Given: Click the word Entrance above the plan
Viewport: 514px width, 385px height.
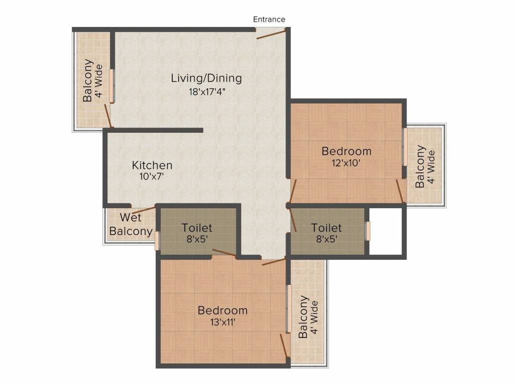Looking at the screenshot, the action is [269, 20].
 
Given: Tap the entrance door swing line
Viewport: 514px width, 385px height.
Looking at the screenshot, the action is [272, 34].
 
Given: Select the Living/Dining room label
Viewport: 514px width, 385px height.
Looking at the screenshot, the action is [206, 78].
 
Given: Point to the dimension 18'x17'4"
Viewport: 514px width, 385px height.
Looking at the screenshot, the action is [207, 92].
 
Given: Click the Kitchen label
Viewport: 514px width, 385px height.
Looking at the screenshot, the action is [152, 165].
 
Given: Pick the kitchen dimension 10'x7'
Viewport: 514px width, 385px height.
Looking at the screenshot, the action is [152, 177].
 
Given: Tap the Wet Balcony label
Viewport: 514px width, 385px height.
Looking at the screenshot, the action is [131, 224].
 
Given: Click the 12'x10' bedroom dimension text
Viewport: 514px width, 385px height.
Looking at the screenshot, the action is [346, 163].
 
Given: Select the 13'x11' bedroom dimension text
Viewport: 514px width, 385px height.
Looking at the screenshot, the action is [223, 322].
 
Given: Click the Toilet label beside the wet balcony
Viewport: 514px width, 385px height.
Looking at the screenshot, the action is [197, 228].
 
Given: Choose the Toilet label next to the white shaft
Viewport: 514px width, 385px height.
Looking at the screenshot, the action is [326, 228].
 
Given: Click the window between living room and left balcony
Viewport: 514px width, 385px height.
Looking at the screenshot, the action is [112, 86].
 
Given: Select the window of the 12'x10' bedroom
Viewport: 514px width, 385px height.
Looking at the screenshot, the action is [406, 147].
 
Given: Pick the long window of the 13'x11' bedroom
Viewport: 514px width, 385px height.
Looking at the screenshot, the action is [289, 309].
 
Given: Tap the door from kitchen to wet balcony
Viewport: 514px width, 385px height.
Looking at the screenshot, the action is [144, 210].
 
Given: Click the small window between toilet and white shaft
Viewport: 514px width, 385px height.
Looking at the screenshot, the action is [368, 231].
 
